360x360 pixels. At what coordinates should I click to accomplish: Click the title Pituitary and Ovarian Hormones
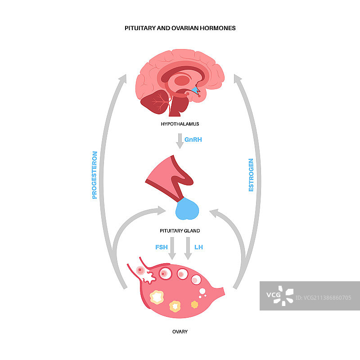coord(180,28)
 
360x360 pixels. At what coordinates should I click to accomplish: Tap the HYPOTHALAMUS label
coord(180,123)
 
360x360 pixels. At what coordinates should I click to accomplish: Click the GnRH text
coord(193,139)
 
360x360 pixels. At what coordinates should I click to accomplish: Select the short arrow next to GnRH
coord(180,141)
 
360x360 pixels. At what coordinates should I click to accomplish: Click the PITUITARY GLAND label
coord(180,230)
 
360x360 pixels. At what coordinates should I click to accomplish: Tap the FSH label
coord(161,247)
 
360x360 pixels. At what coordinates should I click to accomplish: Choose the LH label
coord(198,247)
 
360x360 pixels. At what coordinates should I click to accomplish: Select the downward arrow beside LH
coord(188,249)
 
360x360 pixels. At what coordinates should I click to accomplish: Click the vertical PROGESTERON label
coord(94,175)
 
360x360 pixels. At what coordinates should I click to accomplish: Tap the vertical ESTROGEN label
coord(251,175)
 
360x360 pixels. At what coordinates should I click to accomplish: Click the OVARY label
coord(180,332)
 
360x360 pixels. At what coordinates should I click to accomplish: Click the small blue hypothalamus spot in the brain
coord(195,91)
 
